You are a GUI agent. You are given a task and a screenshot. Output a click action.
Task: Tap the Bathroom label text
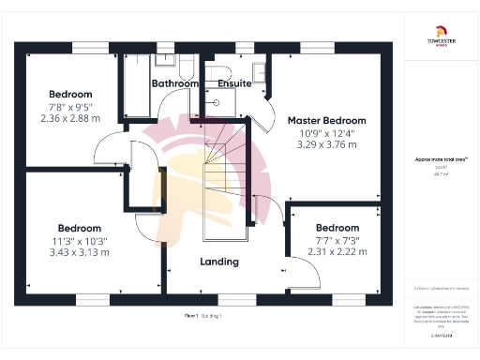pyautogui.click(x=175, y=83)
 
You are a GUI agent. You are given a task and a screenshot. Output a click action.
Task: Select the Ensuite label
pyautogui.click(x=234, y=83)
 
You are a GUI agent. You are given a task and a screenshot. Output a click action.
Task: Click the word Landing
pyautogui.click(x=219, y=262)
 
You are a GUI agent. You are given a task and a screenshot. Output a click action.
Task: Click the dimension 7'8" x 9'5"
pyautogui.click(x=71, y=107)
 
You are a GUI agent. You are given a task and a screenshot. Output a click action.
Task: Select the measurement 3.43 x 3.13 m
pyautogui.click(x=80, y=253)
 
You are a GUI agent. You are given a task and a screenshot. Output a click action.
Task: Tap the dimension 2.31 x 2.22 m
pyautogui.click(x=337, y=253)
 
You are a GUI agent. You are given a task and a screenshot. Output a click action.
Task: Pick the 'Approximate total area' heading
pyautogui.click(x=440, y=160)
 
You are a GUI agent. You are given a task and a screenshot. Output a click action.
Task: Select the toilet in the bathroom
pyautogui.click(x=187, y=67)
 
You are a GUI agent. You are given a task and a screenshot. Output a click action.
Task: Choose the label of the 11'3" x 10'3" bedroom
pyautogui.click(x=80, y=228)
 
